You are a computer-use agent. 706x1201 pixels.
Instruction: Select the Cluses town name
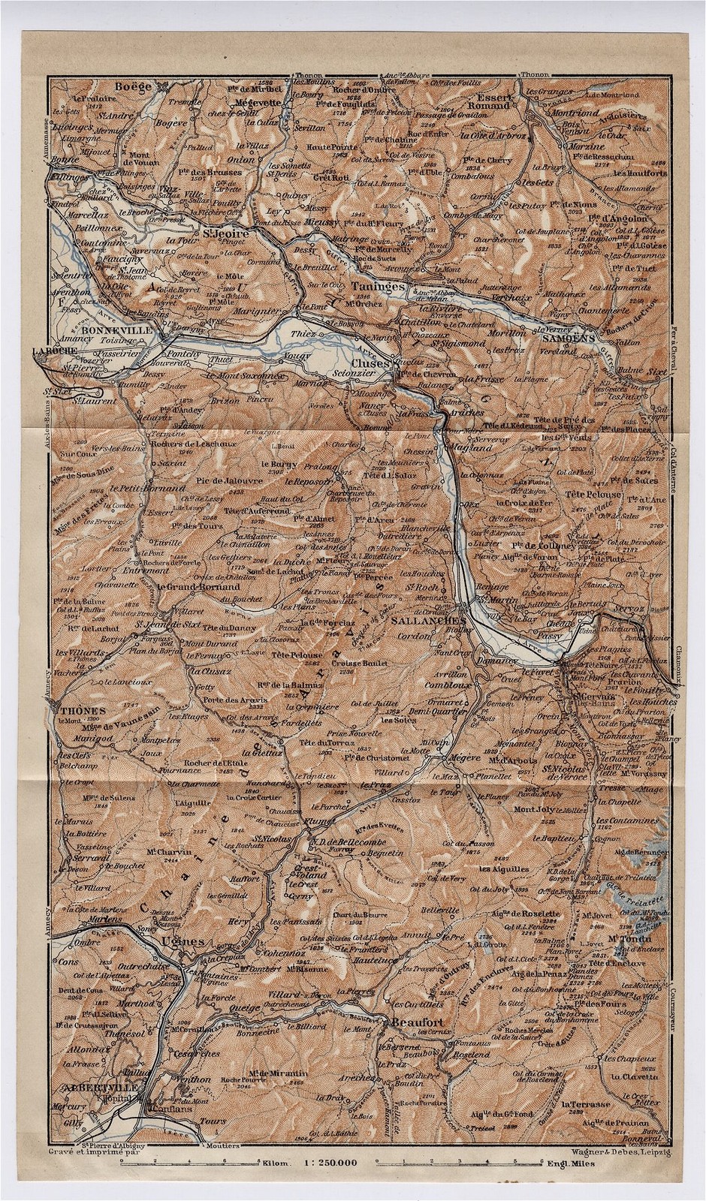coord(373,363)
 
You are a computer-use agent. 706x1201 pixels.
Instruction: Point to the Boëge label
coord(132,87)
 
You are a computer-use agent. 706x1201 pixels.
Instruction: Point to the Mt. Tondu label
coord(628,938)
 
